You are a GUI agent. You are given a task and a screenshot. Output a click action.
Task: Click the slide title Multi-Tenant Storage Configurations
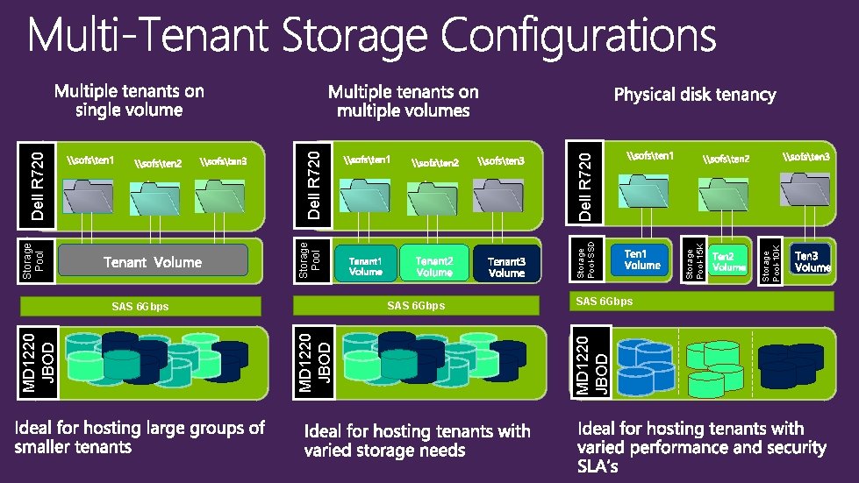pos(372,37)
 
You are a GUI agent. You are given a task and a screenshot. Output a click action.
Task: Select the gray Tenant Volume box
pos(153,261)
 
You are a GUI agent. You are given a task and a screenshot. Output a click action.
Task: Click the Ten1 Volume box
pos(641,259)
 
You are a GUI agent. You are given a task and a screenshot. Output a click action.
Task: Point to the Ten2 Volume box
pos(729,261)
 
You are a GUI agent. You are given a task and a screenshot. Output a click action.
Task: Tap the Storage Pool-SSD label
pos(590,259)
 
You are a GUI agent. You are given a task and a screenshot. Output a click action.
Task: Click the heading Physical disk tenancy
pos(694,94)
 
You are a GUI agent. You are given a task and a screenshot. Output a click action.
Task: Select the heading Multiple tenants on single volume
pos(129,100)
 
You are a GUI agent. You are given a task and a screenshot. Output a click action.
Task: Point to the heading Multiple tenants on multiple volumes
pos(404,101)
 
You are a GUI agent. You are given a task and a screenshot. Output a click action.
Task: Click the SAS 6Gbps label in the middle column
pos(416,306)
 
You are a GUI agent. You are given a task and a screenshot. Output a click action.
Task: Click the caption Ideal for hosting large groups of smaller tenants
pos(140,437)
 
